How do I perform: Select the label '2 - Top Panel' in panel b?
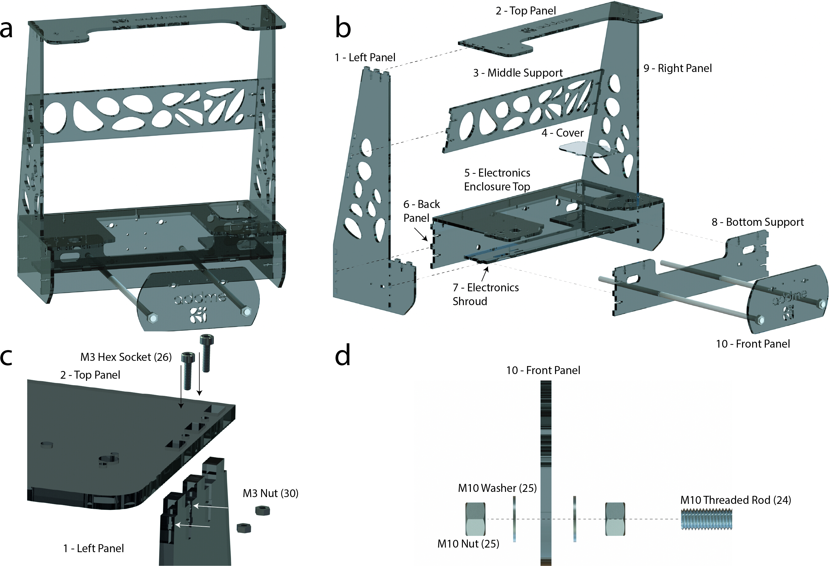(526, 11)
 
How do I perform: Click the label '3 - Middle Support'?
(518, 73)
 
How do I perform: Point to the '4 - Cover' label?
(563, 133)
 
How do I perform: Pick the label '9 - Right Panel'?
(678, 68)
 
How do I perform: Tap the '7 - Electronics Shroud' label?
(486, 294)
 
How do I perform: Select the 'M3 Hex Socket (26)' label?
(126, 357)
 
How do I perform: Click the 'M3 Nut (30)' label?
(270, 493)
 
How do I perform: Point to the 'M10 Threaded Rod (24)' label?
(736, 500)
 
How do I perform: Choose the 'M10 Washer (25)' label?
(497, 488)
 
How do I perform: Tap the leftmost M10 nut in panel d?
(475, 519)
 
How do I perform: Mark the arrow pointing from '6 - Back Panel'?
(420, 235)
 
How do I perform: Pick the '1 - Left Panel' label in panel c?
(94, 548)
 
